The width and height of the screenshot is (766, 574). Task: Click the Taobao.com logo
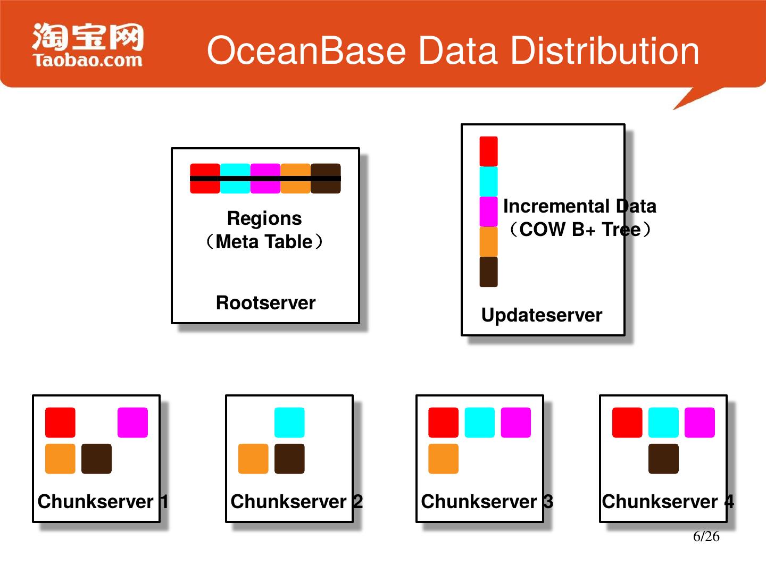pos(88,46)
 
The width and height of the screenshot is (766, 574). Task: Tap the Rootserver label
pos(265,303)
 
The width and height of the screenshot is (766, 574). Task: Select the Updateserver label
pos(542,315)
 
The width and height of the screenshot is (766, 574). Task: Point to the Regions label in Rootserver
pos(264,218)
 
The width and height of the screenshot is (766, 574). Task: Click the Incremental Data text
pos(579,206)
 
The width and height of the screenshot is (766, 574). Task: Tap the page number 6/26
pos(706,536)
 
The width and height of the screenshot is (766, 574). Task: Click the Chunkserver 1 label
pos(103,501)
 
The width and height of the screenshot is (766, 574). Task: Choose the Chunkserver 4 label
pos(668,501)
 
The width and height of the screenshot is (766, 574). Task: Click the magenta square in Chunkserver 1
pos(132,423)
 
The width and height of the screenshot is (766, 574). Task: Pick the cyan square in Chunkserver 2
pos(289,423)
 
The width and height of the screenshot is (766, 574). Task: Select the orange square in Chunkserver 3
pos(443,459)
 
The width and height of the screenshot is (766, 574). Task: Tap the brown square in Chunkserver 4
pos(663,459)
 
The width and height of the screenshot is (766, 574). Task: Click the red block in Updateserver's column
pos(488,151)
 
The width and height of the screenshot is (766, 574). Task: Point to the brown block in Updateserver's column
pos(488,272)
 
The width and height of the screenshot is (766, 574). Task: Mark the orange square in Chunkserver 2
pos(253,459)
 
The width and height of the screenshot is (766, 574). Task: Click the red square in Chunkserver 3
pos(443,423)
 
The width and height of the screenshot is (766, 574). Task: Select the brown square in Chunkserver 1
pos(96,459)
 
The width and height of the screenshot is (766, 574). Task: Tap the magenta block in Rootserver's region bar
pos(265,179)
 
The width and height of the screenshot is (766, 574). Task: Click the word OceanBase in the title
pos(306,51)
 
